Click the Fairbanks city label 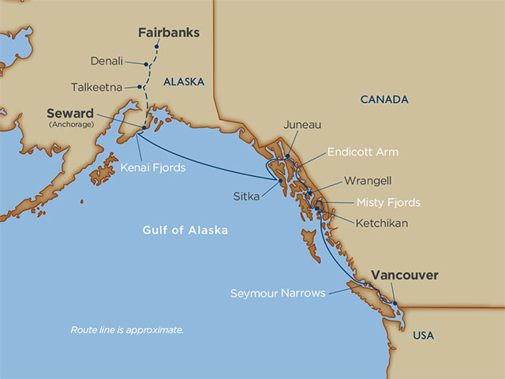[x=168, y=33]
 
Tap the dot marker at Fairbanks [x=157, y=47]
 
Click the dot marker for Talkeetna [x=140, y=87]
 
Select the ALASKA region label [x=184, y=81]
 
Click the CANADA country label [x=383, y=99]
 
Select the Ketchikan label [x=382, y=223]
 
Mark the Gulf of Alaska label [x=185, y=231]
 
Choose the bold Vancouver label [x=404, y=275]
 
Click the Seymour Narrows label [x=278, y=293]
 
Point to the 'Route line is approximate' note [x=127, y=328]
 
